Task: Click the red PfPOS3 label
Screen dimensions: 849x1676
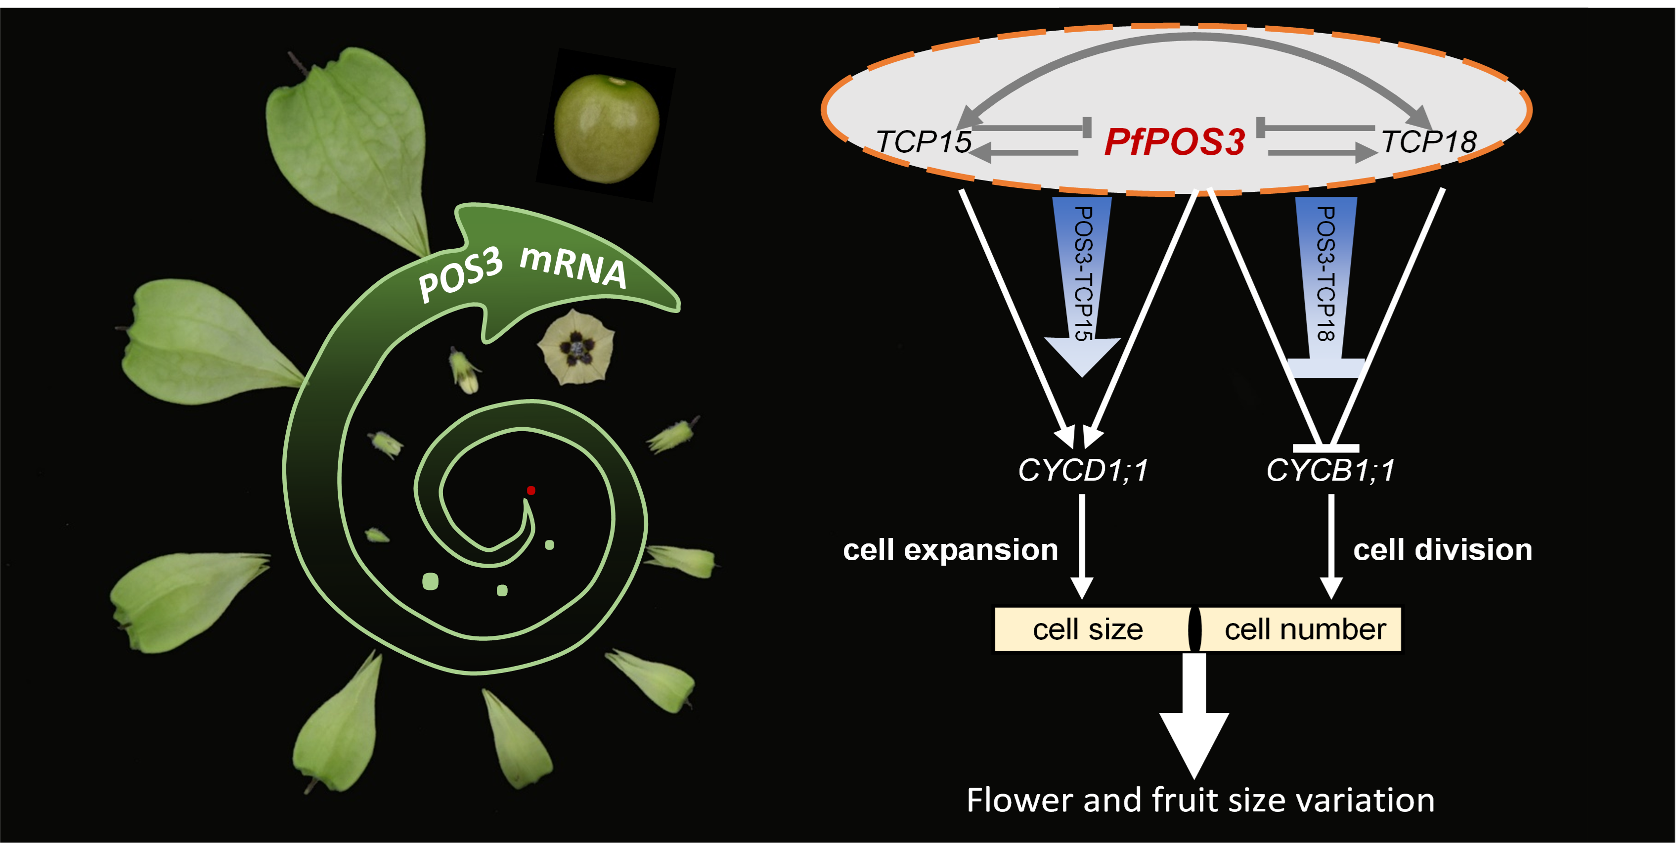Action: click(x=1174, y=142)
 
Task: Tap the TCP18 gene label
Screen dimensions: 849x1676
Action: click(x=1429, y=142)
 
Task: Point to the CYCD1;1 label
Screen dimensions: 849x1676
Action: click(x=1083, y=470)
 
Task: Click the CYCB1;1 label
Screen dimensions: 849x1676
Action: click(x=1330, y=470)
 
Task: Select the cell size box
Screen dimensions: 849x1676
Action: click(x=1088, y=629)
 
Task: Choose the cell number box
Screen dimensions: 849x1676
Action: click(x=1305, y=629)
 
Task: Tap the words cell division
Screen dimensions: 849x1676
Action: click(x=1443, y=550)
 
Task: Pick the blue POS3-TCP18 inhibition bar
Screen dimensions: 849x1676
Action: click(x=1325, y=286)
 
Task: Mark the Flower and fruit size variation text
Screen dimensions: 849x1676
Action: click(x=1200, y=800)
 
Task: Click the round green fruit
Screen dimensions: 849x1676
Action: click(x=607, y=128)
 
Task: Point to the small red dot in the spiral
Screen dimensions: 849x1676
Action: click(x=531, y=491)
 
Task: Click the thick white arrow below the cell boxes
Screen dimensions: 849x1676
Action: click(x=1194, y=715)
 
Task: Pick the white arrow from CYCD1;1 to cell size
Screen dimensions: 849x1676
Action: click(x=1082, y=546)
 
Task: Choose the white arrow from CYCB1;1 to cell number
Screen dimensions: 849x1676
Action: click(x=1331, y=546)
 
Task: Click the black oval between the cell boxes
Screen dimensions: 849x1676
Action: click(x=1195, y=629)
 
